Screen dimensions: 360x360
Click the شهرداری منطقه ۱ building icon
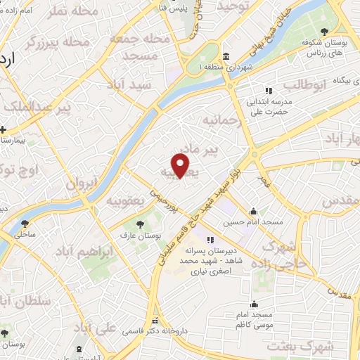[225, 56]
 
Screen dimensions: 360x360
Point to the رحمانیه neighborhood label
[223, 122]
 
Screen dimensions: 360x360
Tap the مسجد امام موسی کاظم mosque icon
[253, 304]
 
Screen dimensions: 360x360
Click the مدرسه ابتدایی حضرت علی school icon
[268, 91]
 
